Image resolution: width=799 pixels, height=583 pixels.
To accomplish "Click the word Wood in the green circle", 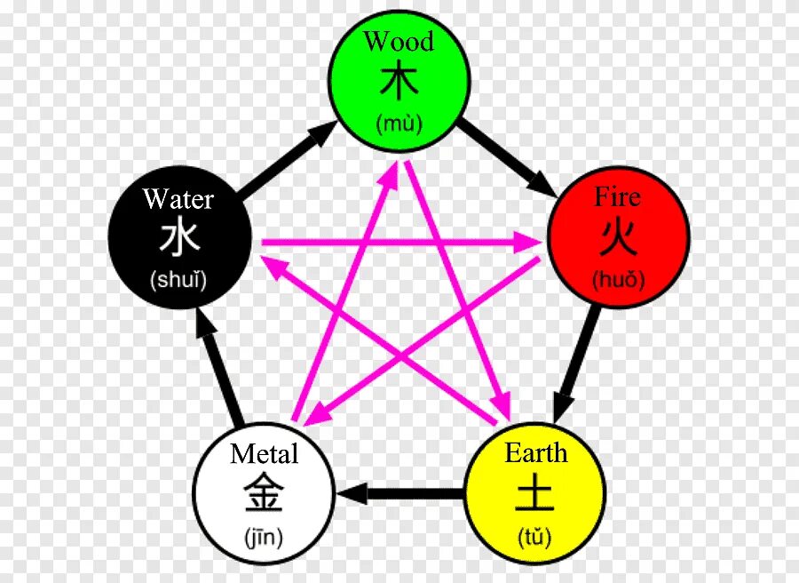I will click(399, 42).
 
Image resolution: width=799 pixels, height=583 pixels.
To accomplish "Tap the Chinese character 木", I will click(399, 81).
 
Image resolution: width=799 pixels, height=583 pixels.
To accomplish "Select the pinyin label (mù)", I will click(399, 124).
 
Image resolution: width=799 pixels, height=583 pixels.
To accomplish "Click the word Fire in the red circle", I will click(618, 196).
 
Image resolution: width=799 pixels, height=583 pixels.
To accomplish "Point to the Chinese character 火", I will click(618, 237).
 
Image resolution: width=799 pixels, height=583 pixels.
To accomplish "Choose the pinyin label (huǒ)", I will click(618, 281).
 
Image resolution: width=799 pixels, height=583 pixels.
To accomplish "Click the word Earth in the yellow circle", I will click(535, 453).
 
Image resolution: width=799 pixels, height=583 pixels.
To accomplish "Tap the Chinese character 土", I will click(535, 493).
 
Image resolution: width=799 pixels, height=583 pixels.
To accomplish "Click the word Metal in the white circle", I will click(264, 454).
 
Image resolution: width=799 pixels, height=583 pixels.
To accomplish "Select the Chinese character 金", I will click(264, 493).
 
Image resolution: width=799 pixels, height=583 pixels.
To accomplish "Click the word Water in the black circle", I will click(178, 198).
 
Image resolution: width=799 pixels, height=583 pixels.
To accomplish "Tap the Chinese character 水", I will click(178, 237).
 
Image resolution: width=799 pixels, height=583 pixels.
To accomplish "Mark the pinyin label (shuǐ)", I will click(178, 281).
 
